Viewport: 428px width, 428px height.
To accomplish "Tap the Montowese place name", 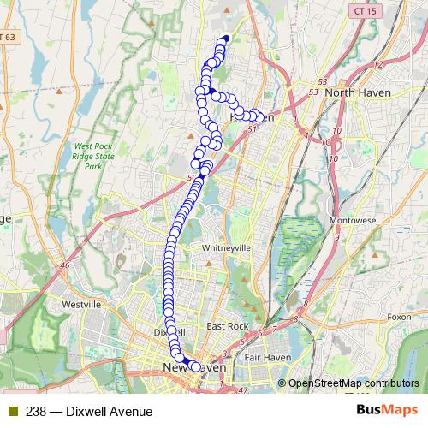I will [x=354, y=221].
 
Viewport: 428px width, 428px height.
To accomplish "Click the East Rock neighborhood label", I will [x=227, y=327].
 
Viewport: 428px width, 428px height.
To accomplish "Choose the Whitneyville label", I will [x=224, y=247].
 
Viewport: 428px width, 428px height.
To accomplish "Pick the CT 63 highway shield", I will [x=7, y=38].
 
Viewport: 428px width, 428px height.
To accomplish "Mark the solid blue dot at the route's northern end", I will [x=226, y=38].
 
